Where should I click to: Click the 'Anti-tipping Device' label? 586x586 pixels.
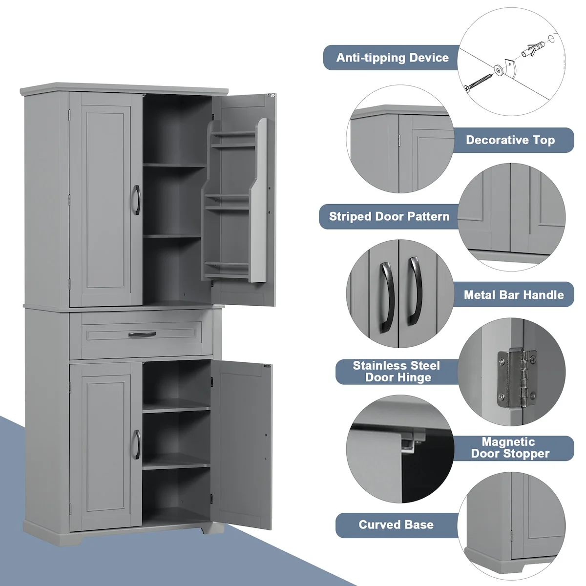(392, 58)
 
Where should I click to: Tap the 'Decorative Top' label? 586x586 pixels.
(510, 140)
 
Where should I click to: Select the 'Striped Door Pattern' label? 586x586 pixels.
(389, 216)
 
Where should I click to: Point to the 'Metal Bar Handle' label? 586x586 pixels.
(513, 294)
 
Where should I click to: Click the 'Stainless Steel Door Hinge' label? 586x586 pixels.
(396, 371)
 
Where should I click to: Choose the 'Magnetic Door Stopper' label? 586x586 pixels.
(510, 448)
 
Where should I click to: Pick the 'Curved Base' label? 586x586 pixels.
(396, 525)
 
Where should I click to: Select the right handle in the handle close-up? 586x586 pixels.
(415, 292)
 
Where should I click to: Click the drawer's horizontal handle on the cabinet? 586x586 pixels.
(142, 334)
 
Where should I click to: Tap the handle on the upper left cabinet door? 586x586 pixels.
(136, 200)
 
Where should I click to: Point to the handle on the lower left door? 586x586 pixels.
(137, 444)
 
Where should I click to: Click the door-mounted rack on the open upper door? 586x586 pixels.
(235, 200)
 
